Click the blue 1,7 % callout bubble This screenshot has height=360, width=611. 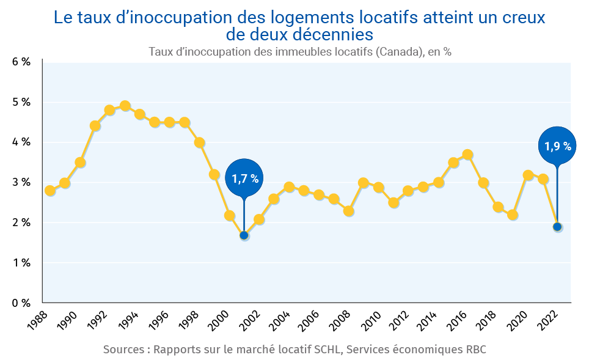(x=244, y=178)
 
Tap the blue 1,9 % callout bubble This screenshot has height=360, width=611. (x=558, y=146)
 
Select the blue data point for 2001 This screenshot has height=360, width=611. (x=244, y=235)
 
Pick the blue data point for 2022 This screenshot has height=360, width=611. (x=557, y=227)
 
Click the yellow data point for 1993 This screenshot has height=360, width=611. (x=125, y=106)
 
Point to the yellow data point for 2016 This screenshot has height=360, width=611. (x=468, y=155)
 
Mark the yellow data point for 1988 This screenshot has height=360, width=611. (x=50, y=191)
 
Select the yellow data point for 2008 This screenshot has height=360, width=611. (x=349, y=211)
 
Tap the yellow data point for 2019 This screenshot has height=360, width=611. (x=513, y=215)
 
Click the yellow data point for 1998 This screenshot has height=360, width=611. (x=199, y=143)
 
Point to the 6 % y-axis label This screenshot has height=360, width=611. (x=21, y=62)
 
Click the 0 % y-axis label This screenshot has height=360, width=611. (x=21, y=303)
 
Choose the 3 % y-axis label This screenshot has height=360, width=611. (x=21, y=182)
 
